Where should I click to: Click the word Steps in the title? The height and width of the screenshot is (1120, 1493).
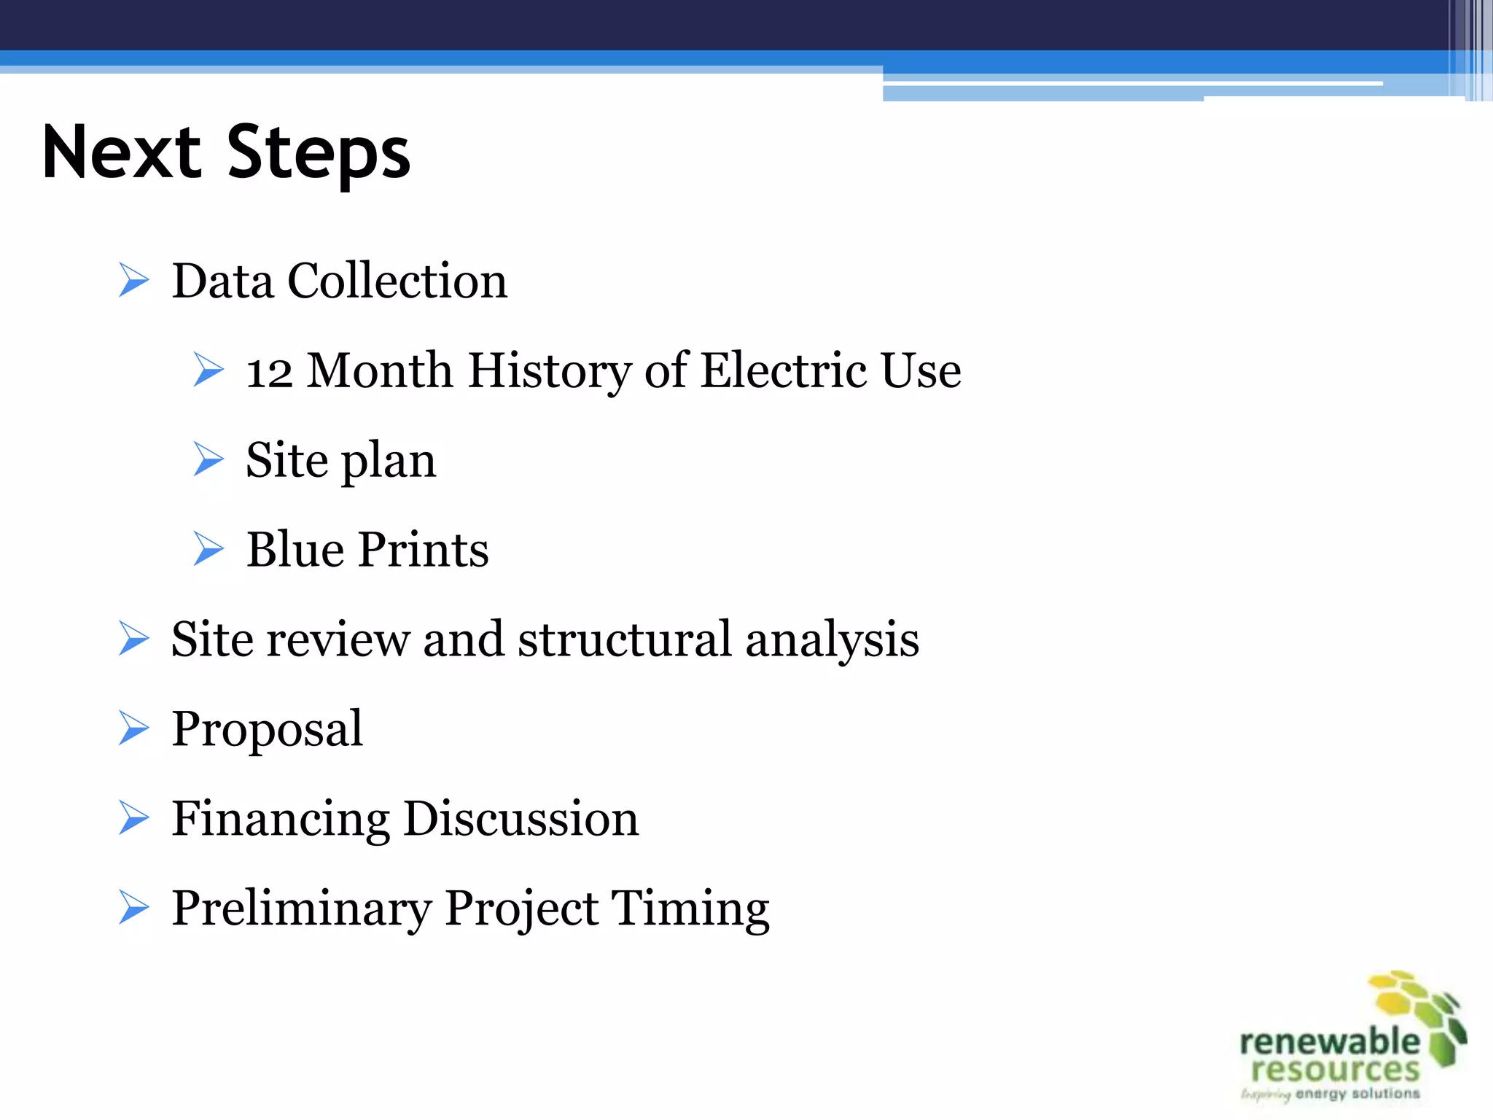(319, 153)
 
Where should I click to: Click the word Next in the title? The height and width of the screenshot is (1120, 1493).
(121, 153)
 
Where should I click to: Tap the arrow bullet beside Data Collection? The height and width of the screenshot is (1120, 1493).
(134, 281)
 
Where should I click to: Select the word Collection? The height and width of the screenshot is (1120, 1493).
(397, 281)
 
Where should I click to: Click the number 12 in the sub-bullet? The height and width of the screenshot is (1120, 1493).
(269, 372)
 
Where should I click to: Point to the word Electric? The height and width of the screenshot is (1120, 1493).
(783, 370)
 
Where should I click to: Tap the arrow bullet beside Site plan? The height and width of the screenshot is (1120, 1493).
(208, 459)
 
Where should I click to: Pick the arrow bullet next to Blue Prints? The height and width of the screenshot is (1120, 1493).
(208, 549)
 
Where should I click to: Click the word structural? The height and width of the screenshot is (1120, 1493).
(624, 639)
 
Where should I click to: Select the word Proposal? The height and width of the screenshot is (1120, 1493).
(267, 729)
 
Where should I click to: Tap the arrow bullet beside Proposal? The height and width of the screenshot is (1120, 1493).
(134, 728)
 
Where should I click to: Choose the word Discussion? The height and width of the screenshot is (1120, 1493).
(521, 819)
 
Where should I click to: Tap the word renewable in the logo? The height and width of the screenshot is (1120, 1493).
(1329, 1042)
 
